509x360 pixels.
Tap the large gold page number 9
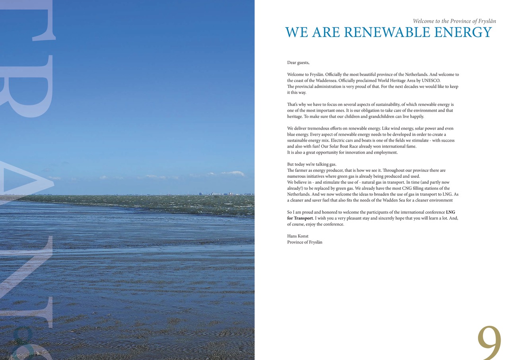[x=489, y=343]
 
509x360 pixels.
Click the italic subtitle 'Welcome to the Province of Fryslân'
[x=454, y=21]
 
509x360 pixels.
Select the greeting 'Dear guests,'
[x=298, y=62]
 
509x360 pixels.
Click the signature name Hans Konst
[x=297, y=236]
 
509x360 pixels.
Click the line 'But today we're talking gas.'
[x=312, y=164]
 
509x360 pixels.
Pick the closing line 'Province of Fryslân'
[x=305, y=242]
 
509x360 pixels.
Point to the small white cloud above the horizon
[x=233, y=173]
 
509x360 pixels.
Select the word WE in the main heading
[x=297, y=33]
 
